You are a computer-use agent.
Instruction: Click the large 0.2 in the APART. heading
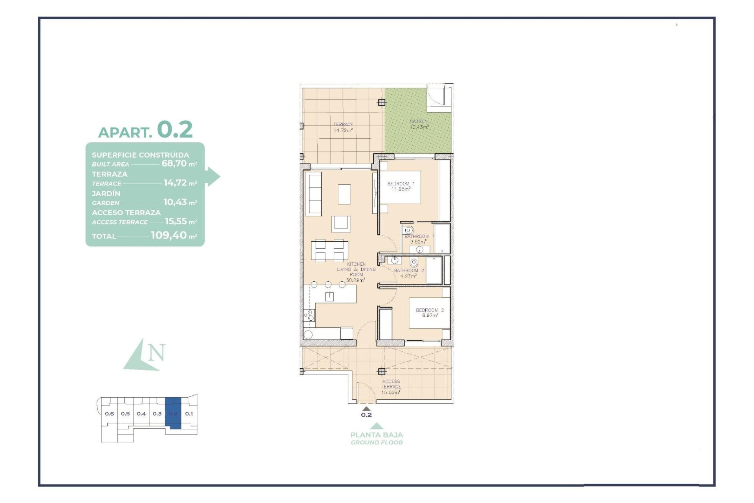(x=175, y=129)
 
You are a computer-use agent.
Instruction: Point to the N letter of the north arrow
(x=157, y=352)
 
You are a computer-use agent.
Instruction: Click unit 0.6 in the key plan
(x=109, y=413)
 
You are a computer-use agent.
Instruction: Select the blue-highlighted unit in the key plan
(x=173, y=413)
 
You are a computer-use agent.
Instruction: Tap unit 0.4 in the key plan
(x=141, y=413)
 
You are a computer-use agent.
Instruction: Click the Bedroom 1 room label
(x=401, y=184)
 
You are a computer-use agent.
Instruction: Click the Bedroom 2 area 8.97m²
(x=430, y=315)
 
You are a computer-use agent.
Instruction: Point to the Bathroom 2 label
(x=408, y=270)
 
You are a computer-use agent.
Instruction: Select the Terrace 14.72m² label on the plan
(x=343, y=127)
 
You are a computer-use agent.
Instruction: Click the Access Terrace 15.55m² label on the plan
(x=391, y=387)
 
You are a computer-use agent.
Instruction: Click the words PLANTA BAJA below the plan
(x=376, y=435)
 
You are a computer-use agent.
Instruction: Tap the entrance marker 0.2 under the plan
(x=366, y=415)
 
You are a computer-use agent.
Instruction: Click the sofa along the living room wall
(x=313, y=194)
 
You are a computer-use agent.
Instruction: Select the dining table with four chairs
(x=329, y=251)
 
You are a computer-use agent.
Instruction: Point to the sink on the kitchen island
(x=329, y=296)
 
